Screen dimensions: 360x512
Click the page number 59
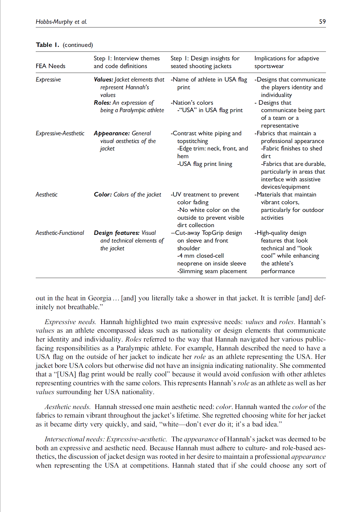pos(322,22)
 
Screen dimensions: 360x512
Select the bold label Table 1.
pos(47,45)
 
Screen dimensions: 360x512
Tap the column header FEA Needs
pos(50,66)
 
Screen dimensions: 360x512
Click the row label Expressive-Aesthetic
pos(60,133)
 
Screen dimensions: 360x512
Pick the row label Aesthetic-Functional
pos(60,233)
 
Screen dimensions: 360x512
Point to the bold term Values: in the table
pos(104,80)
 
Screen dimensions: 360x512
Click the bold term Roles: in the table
pos(102,103)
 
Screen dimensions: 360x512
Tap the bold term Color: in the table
pos(103,195)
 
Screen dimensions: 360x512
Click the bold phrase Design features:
pos(117,233)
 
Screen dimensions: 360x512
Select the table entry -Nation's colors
pos(192,103)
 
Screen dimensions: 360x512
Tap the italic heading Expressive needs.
pos(70,322)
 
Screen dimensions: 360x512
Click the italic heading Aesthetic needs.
pos(67,407)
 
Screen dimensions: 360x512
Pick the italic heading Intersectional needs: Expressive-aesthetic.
pos(106,439)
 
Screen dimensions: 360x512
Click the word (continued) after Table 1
pos(78,45)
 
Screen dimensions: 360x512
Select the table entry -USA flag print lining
pos(204,164)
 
